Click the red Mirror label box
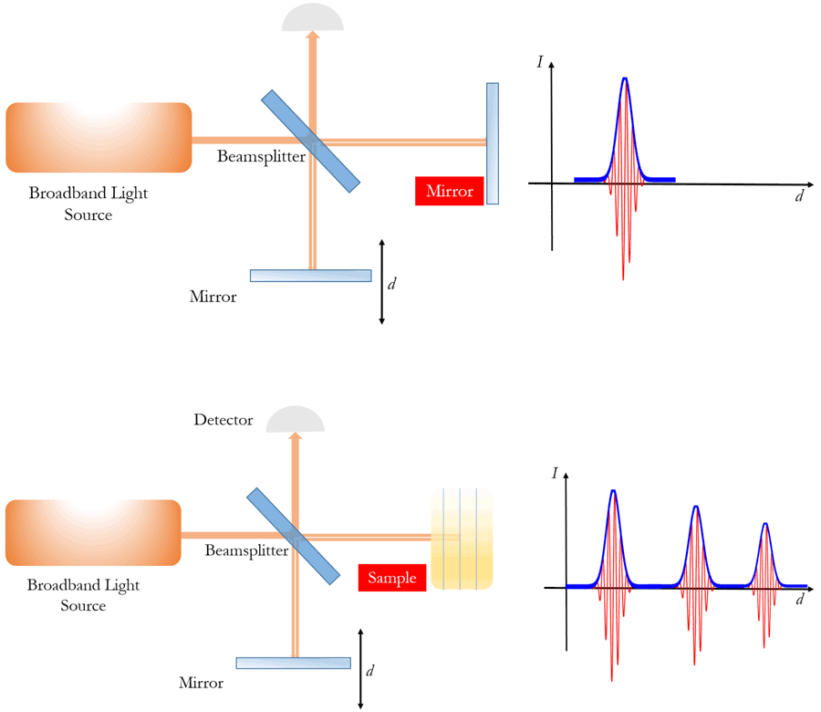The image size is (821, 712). tap(449, 192)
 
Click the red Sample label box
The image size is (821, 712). tap(392, 577)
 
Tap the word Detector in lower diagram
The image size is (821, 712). tap(224, 420)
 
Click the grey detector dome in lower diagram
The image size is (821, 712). tap(295, 421)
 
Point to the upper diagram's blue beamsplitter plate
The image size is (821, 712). tap(312, 141)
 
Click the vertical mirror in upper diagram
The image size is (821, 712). tap(493, 143)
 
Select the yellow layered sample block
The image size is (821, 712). tap(462, 539)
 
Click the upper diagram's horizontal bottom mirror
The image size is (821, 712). tap(311, 276)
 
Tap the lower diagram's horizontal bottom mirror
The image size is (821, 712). tap(293, 664)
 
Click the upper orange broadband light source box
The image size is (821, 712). tap(99, 138)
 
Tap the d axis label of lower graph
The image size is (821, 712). tap(799, 600)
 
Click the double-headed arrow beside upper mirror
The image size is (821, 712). tap(382, 282)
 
